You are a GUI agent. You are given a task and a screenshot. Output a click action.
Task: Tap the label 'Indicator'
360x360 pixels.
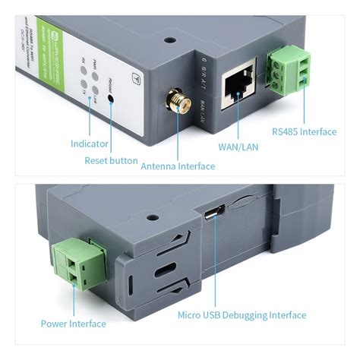89,144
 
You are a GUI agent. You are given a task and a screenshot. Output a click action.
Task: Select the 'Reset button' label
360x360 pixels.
111,161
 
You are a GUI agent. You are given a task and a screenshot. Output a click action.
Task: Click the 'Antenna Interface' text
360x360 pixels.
178,166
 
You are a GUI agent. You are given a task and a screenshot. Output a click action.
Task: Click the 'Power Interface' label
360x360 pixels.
73,324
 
